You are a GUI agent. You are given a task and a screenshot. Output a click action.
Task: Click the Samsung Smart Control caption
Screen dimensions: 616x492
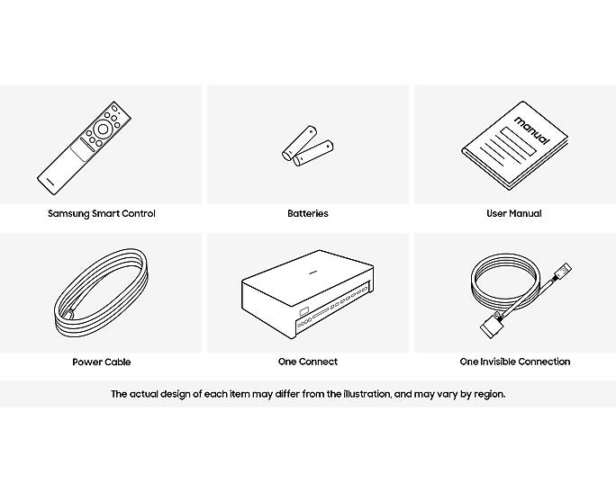102,213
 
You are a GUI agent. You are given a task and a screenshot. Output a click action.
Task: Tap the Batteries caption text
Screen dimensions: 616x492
308,213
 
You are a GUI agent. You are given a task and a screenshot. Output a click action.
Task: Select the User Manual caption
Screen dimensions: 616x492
514,213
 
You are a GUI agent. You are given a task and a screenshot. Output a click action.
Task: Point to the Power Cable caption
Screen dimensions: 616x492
102,362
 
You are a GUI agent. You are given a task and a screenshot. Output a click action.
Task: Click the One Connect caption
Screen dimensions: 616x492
308,362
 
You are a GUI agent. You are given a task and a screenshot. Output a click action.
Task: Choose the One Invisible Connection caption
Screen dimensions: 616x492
514,362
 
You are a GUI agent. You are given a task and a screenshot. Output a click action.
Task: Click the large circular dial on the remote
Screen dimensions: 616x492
103,130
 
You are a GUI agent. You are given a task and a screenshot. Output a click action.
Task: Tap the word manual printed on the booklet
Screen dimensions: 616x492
532,130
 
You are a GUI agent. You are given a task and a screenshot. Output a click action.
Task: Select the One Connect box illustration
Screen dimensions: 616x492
307,294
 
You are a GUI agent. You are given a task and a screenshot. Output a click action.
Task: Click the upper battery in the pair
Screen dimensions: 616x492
300,142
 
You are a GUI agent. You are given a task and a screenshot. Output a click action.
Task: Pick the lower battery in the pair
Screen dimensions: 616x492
313,153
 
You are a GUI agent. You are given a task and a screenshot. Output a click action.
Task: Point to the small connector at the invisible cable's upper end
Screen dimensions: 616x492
562,271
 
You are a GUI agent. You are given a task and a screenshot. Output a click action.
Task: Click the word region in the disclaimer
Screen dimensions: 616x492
490,394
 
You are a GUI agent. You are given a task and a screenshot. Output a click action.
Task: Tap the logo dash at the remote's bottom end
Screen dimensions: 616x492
50,181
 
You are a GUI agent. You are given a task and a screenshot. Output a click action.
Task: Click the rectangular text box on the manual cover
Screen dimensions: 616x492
518,142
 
